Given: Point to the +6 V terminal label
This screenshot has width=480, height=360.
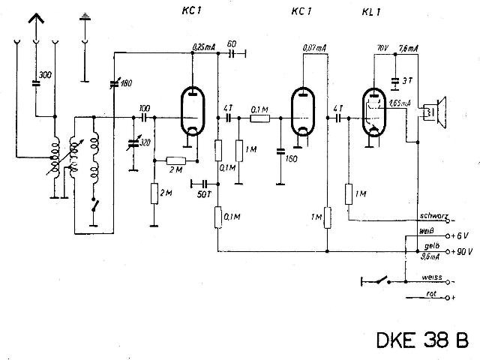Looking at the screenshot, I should click(461, 236).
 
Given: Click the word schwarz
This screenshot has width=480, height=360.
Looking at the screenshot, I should click(433, 217).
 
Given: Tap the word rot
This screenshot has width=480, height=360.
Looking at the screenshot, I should click(431, 295).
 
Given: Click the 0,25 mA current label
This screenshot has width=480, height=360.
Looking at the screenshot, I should click(203, 46).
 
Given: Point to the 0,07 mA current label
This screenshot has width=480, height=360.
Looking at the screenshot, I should click(314, 48).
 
